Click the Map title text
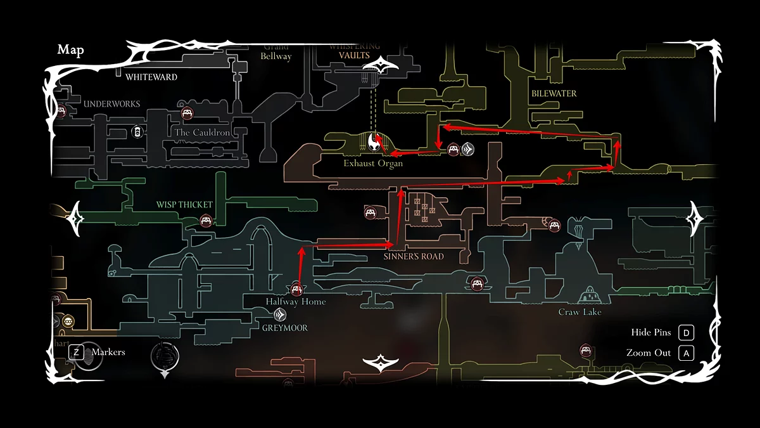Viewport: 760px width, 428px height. [x=70, y=50]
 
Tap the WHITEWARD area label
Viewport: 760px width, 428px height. [x=151, y=77]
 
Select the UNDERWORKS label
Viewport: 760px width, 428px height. [x=112, y=104]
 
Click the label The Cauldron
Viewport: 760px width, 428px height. [x=202, y=133]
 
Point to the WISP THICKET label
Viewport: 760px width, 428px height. [x=184, y=205]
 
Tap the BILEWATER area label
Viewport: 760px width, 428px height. [x=554, y=94]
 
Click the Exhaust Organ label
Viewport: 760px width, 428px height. [x=373, y=164]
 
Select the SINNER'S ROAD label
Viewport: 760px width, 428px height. [x=414, y=257]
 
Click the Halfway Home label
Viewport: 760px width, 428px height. [x=296, y=302]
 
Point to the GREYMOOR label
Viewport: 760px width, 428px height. [x=285, y=328]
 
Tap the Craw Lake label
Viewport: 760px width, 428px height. [x=579, y=313]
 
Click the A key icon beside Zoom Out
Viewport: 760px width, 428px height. [x=686, y=353]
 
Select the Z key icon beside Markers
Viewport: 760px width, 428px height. [x=76, y=352]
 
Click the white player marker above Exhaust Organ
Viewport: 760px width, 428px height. [x=374, y=143]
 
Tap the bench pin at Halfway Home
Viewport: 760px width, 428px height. [x=296, y=290]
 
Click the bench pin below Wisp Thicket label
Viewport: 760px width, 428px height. [x=205, y=221]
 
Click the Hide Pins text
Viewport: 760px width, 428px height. [x=650, y=333]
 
